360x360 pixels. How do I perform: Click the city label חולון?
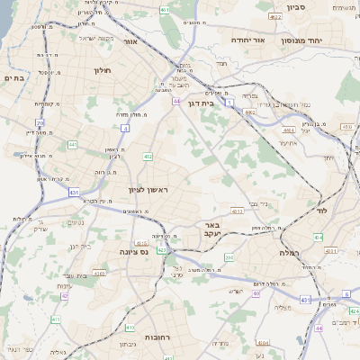tap(101, 68)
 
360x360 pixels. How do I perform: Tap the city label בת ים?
tap(17, 78)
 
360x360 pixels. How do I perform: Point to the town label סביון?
tap(297, 7)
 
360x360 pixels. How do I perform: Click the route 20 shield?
tap(40, 121)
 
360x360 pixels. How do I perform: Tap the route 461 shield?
tap(165, 10)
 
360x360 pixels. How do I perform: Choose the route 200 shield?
tap(229, 257)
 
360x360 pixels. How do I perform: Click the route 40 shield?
tap(256, 293)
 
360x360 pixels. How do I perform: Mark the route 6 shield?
tap(346, 294)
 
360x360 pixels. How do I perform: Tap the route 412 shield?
tap(148, 157)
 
